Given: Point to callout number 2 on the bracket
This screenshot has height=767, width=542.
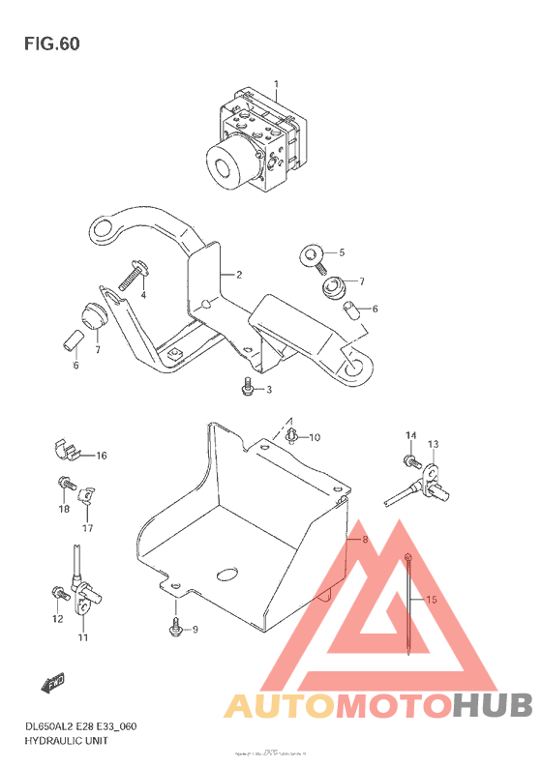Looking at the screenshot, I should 238,275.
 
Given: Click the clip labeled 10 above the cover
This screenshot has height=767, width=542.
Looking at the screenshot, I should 292,436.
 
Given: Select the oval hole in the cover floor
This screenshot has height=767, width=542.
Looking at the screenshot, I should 229,574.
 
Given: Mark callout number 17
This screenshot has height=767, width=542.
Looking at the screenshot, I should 87,528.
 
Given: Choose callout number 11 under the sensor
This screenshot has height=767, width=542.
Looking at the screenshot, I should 83,638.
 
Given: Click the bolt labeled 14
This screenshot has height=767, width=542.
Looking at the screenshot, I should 410,458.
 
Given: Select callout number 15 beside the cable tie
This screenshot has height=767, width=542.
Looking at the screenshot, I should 431,600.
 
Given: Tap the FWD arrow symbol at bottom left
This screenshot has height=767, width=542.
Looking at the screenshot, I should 52,686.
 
